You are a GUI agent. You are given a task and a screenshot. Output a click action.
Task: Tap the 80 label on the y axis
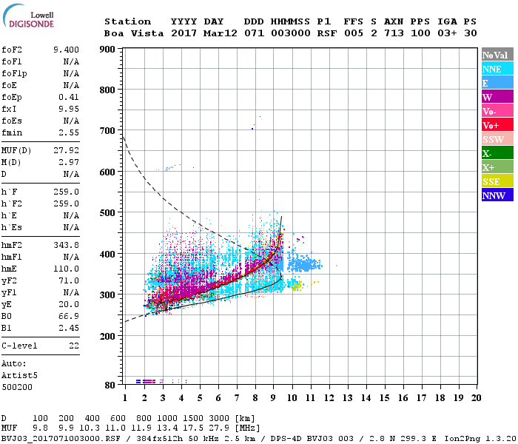click(x=110, y=385)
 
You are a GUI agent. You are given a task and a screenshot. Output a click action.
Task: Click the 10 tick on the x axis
click(x=292, y=397)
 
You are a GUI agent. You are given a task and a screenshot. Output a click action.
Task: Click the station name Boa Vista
click(x=127, y=33)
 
